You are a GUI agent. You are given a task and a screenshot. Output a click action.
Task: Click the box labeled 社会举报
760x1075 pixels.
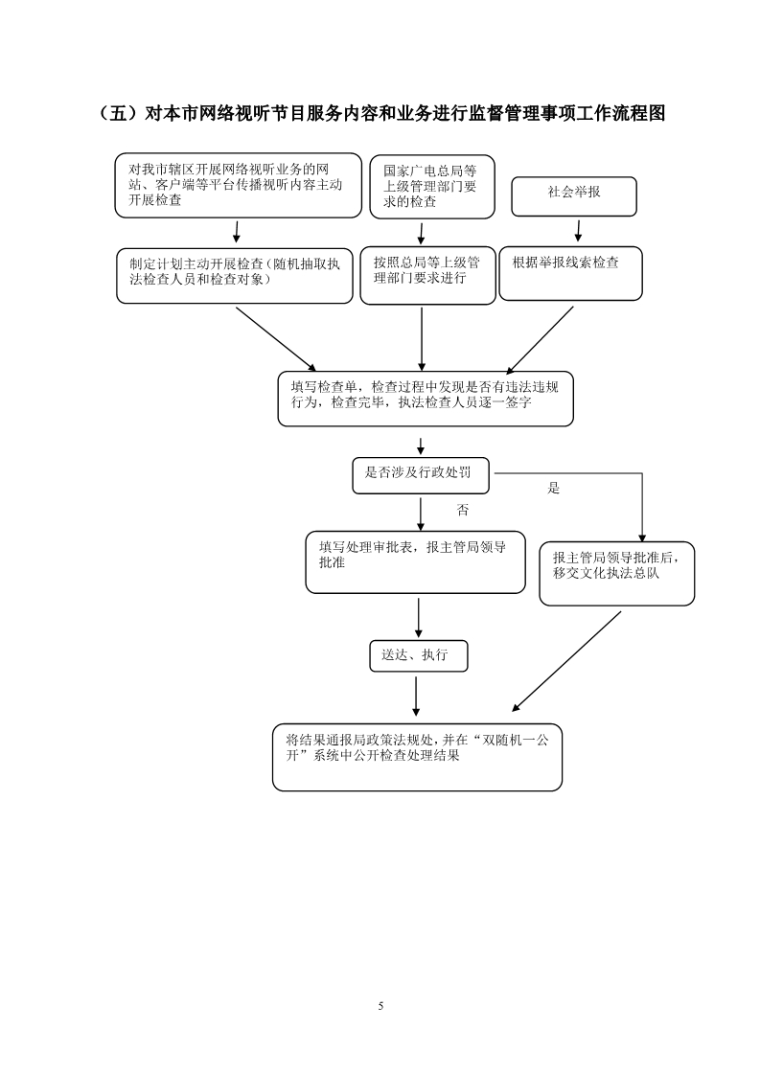(x=574, y=196)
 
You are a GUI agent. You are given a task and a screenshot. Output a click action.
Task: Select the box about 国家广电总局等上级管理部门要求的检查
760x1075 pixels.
(x=432, y=187)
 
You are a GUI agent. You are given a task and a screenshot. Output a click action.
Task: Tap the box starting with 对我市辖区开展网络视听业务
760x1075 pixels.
(x=238, y=185)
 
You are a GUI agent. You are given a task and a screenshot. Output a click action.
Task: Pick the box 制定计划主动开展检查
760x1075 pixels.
(x=235, y=276)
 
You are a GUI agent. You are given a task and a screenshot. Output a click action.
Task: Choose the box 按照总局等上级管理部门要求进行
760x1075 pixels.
(x=428, y=275)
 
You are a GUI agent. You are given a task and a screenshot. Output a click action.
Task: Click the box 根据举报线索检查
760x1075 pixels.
(x=570, y=274)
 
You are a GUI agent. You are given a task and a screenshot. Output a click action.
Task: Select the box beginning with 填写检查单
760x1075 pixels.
(x=426, y=399)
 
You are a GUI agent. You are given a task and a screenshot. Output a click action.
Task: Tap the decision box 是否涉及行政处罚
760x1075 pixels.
(x=421, y=476)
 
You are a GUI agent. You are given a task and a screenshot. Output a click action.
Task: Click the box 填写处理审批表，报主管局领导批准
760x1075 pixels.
(x=416, y=562)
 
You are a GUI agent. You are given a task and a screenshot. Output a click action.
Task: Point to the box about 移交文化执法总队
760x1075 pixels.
(x=616, y=574)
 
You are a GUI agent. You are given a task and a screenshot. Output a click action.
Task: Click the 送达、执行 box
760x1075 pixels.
(x=419, y=656)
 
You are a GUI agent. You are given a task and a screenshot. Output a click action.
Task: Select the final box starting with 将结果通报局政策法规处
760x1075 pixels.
(x=417, y=757)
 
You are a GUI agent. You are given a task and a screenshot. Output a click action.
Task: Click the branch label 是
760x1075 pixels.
(x=554, y=488)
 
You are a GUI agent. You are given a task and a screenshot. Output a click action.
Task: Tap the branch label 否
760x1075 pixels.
(x=463, y=510)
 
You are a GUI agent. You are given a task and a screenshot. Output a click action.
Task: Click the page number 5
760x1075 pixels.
(x=380, y=1006)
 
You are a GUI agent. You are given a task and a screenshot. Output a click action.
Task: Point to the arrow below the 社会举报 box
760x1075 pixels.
(x=578, y=231)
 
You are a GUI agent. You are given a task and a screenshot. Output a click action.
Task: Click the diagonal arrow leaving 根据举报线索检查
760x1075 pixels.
(x=540, y=339)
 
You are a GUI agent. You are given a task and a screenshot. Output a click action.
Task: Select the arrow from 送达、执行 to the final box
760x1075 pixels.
(x=416, y=697)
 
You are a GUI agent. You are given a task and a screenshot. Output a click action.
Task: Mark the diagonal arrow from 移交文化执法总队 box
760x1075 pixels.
(x=565, y=661)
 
